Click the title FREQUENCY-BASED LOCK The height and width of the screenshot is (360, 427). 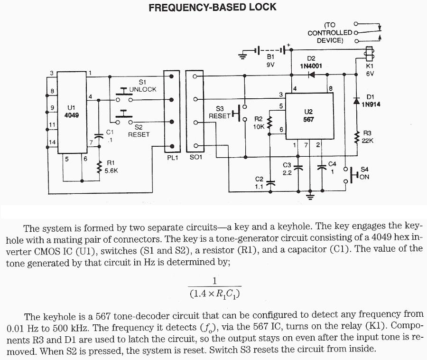click(212, 8)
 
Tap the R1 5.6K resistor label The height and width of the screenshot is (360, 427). click(111, 166)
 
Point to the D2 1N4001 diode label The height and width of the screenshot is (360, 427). click(311, 62)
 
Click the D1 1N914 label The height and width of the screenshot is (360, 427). click(371, 101)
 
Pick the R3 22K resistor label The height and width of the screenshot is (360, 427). click(368, 137)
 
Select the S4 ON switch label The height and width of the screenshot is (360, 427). click(364, 173)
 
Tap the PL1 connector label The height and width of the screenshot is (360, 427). click(172, 157)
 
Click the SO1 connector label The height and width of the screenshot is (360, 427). click(195, 157)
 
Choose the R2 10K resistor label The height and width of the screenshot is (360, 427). click(260, 123)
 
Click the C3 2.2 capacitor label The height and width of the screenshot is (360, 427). click(287, 169)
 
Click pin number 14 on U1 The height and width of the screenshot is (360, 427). click(52, 142)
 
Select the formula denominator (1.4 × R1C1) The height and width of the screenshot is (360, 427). click(214, 294)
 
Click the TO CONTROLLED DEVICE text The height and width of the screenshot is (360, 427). click(330, 33)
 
